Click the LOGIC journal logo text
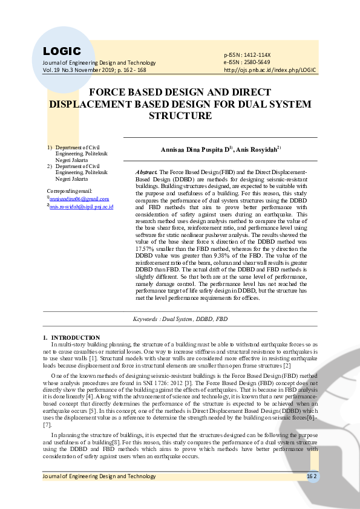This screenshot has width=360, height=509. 62,51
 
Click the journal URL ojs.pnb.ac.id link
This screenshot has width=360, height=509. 270,70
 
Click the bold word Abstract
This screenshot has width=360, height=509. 146,172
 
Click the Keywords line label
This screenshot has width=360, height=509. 148,318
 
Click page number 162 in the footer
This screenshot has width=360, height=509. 311,476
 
